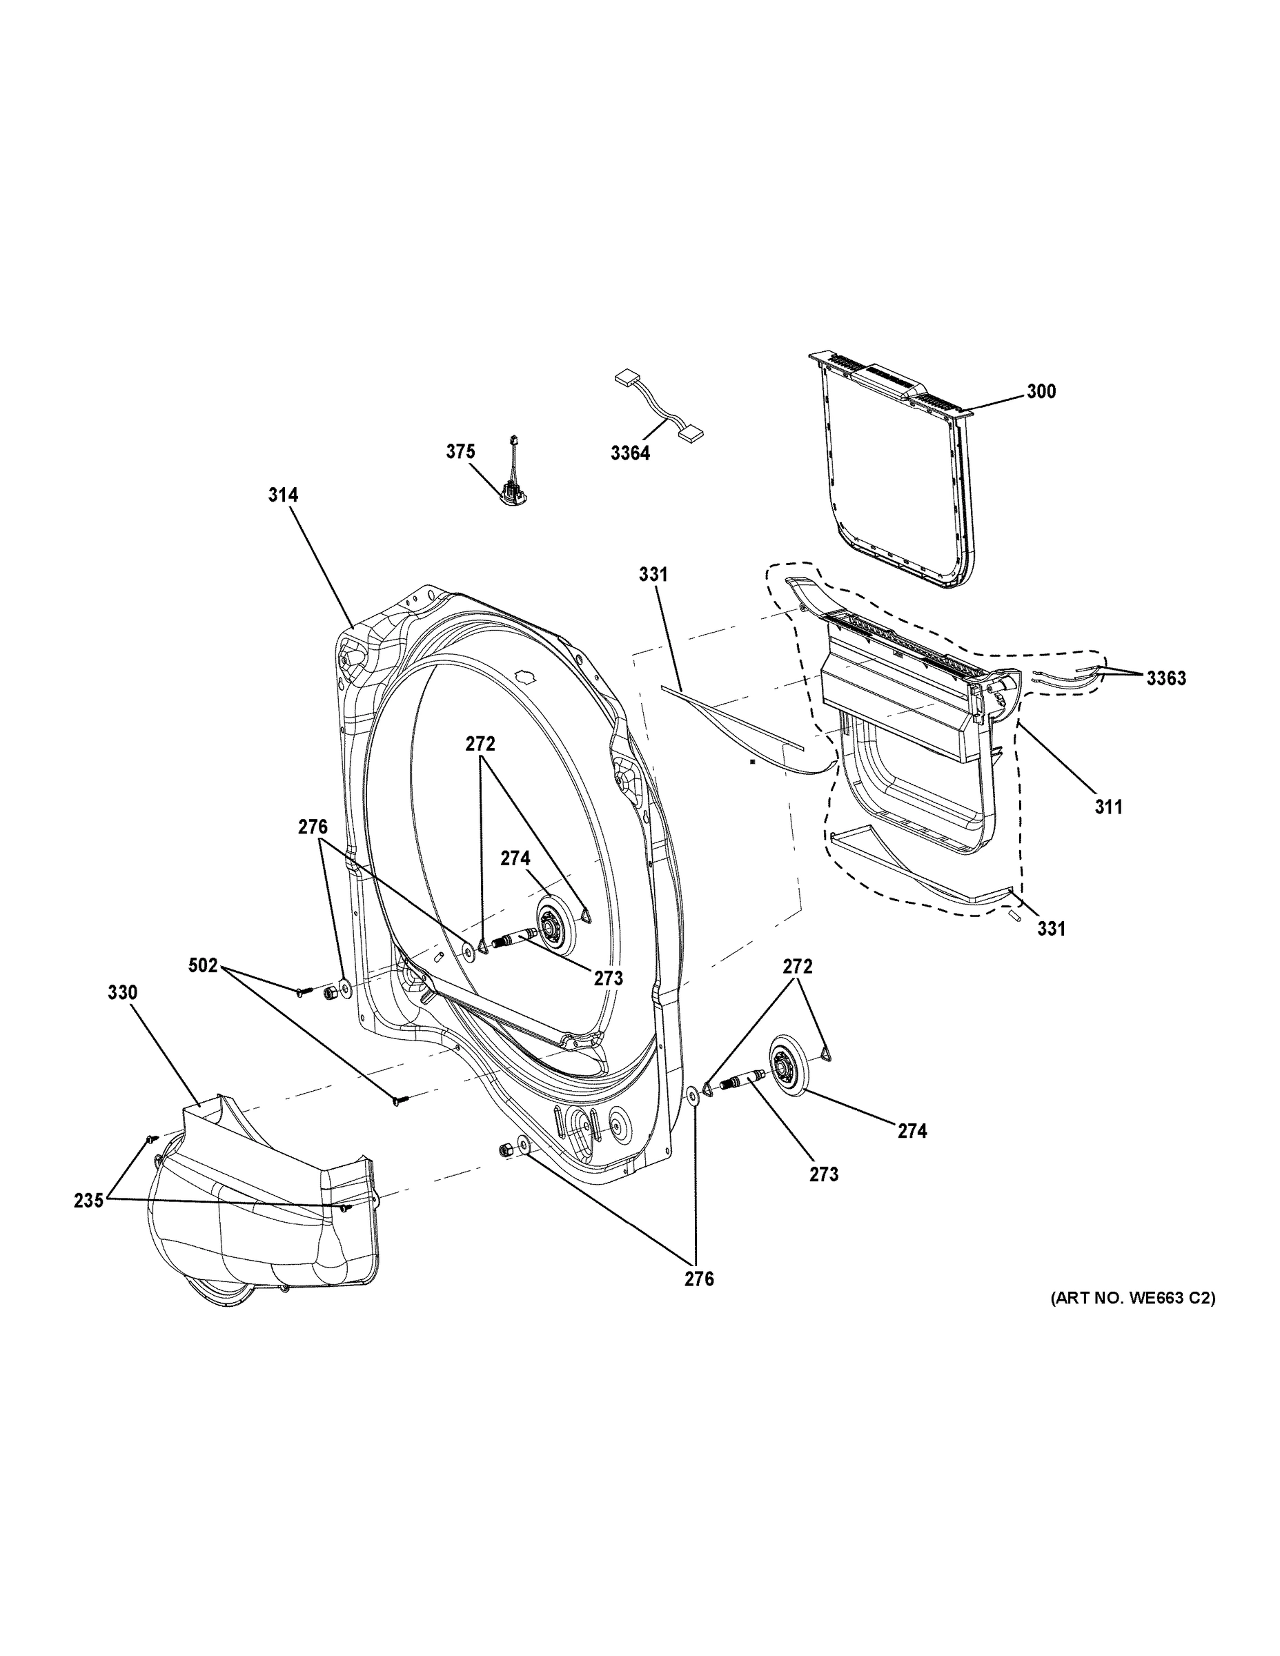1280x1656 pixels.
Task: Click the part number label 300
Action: (1041, 392)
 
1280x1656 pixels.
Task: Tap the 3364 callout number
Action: (630, 453)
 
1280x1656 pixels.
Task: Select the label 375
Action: (460, 452)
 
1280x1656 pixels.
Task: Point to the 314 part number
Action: (283, 495)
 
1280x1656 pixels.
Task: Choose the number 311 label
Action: (1108, 807)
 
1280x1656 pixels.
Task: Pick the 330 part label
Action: (122, 992)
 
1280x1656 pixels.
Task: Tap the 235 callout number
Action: (89, 1201)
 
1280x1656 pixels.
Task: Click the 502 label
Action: (204, 966)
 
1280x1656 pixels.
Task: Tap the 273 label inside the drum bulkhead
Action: (608, 979)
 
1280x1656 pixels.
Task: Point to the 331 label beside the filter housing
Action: (1050, 928)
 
